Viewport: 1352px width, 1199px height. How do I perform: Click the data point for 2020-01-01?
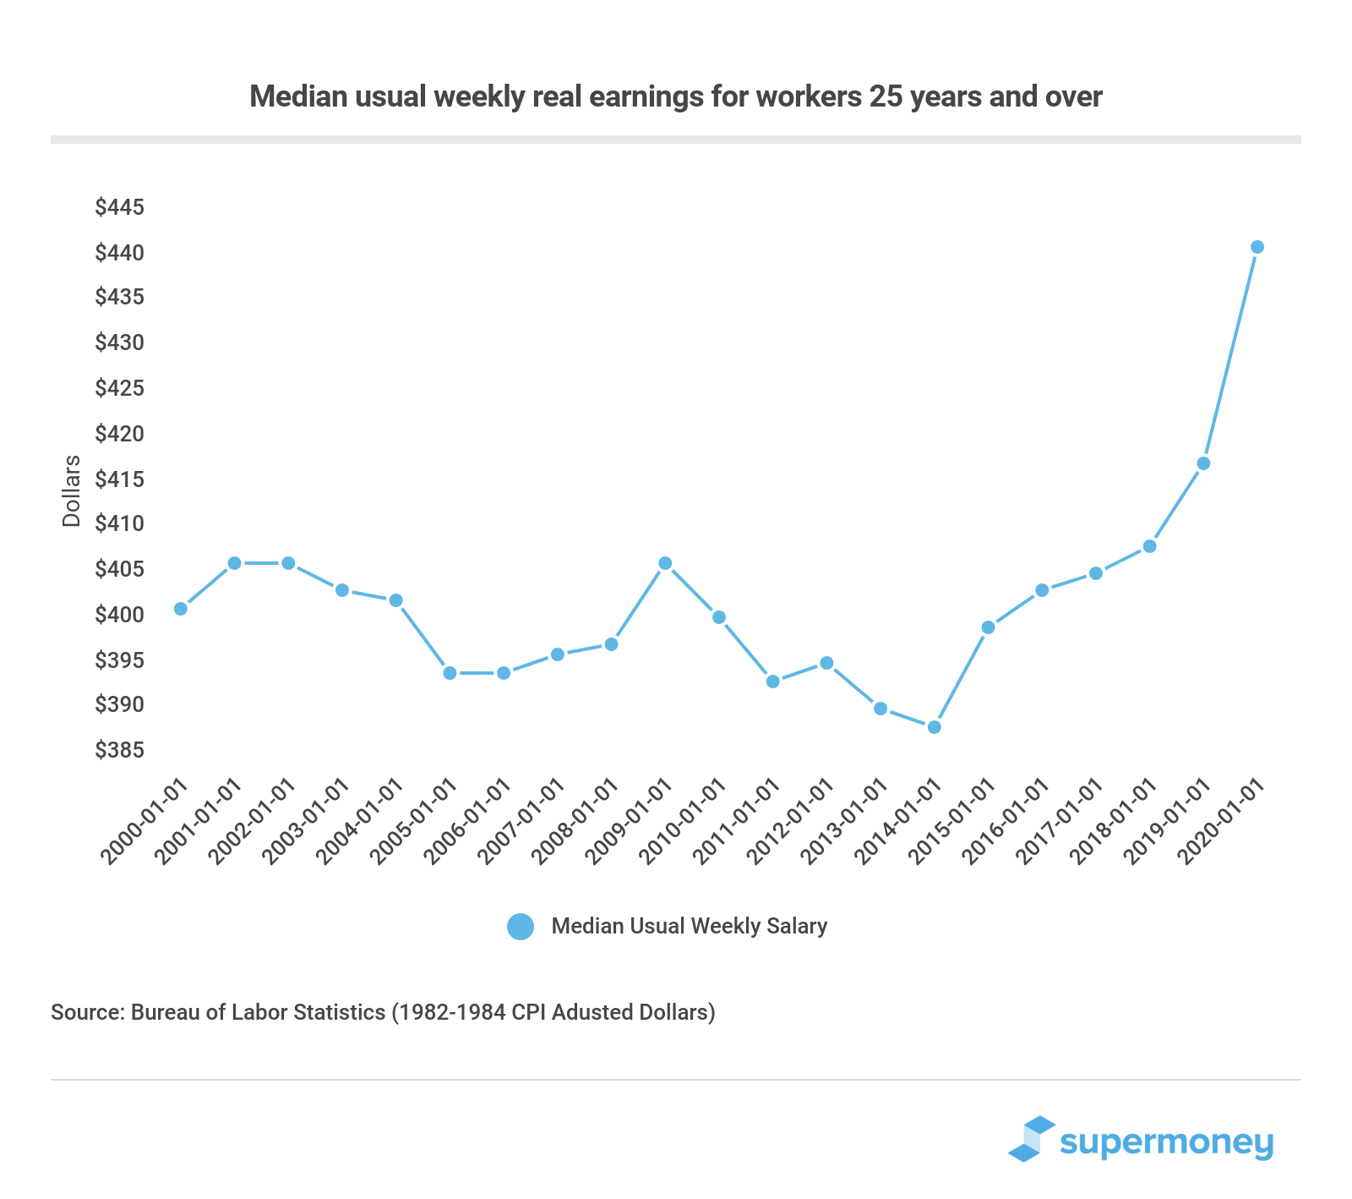[x=1257, y=247]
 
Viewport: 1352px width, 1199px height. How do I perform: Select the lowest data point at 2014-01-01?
[x=934, y=727]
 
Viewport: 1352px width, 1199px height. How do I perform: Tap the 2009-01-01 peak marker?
[x=665, y=563]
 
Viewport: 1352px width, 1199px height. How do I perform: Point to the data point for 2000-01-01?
[x=180, y=609]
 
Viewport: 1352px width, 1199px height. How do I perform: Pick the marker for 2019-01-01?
[x=1203, y=463]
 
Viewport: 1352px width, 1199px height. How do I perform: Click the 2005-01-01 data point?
[x=450, y=673]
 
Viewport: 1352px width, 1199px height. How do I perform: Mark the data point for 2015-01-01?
[x=988, y=627]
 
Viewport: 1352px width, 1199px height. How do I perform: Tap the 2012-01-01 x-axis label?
[x=792, y=822]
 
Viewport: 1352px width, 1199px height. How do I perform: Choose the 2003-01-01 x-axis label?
[x=308, y=822]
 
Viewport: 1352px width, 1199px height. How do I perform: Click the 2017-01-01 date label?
[x=1061, y=822]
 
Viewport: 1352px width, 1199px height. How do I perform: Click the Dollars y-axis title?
[x=72, y=490]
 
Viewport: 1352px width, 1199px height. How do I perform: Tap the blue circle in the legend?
[x=521, y=927]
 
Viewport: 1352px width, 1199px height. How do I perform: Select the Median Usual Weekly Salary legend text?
[x=689, y=926]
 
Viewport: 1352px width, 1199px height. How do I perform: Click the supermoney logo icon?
[x=1033, y=1139]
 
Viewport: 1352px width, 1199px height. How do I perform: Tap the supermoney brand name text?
[x=1166, y=1143]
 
